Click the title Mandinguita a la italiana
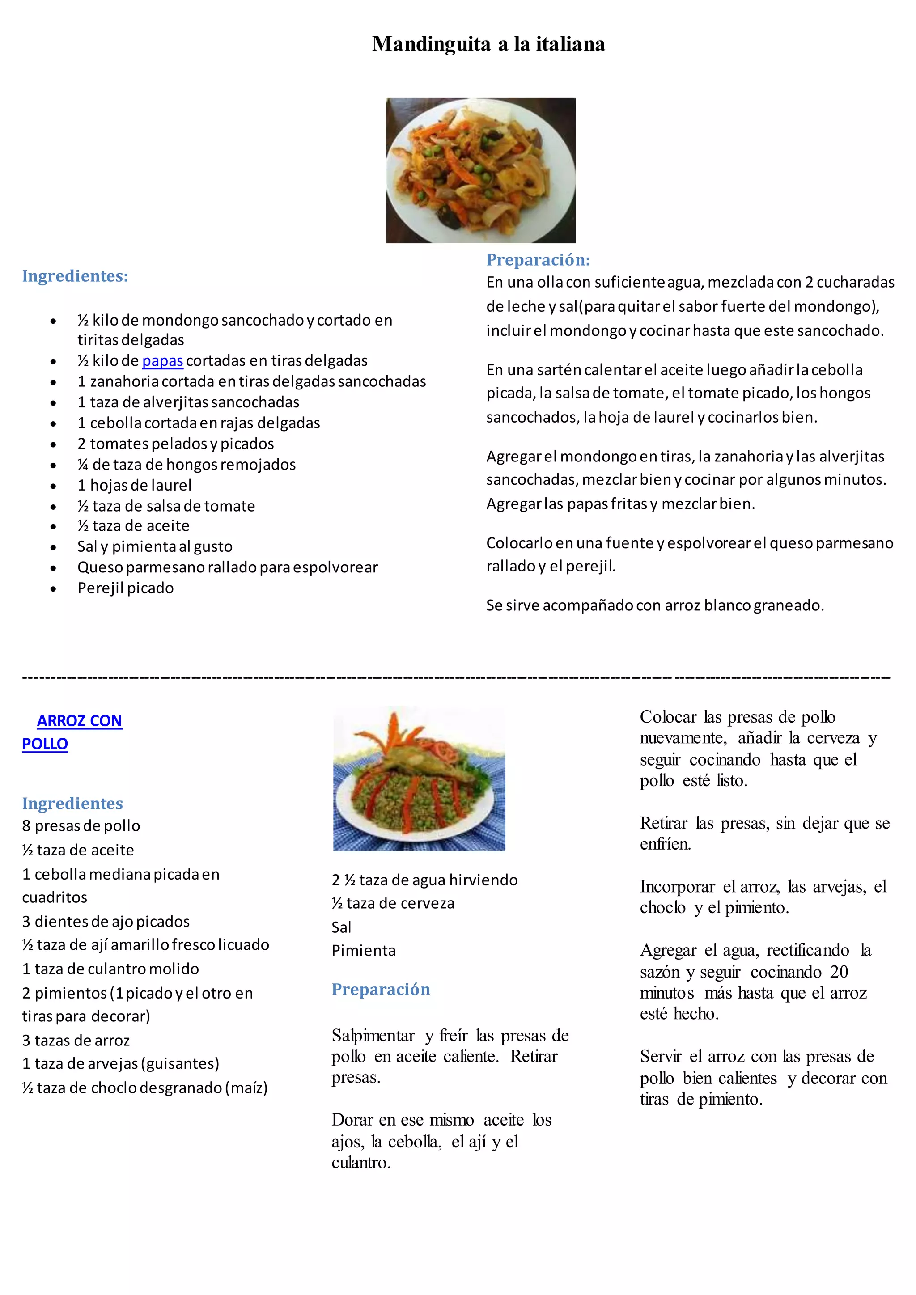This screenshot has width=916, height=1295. [x=488, y=44]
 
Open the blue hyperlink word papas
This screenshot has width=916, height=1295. [x=162, y=361]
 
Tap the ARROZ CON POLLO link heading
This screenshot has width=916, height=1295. [x=72, y=732]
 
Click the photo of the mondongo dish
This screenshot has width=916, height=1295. [x=480, y=170]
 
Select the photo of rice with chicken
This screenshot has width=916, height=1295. [x=419, y=779]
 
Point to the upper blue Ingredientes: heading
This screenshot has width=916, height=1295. [x=75, y=276]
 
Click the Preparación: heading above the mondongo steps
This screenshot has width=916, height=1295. [x=538, y=260]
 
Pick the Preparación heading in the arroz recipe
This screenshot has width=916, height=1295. [x=381, y=989]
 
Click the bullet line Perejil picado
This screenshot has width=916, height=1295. [x=125, y=588]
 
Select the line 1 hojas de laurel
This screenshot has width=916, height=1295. [x=134, y=486]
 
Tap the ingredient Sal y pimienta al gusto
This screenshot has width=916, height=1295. [x=155, y=546]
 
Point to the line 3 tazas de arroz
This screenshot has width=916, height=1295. [x=76, y=1041]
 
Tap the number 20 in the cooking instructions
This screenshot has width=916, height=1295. [x=839, y=972]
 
